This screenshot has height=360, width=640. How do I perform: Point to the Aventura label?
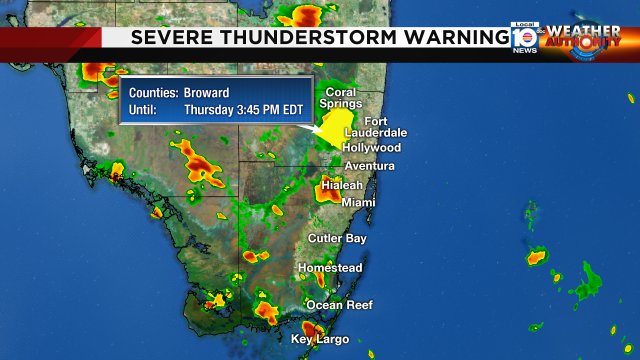coord(369,166)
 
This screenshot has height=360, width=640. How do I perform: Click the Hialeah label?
coord(341,185)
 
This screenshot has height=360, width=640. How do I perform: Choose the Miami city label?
coord(358,203)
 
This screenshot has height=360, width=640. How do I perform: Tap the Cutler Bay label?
coord(337,239)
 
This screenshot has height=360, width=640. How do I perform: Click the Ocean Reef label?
coord(339,305)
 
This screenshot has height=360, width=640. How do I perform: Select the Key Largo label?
coord(320,340)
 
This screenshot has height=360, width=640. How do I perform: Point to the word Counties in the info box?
coord(151,91)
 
